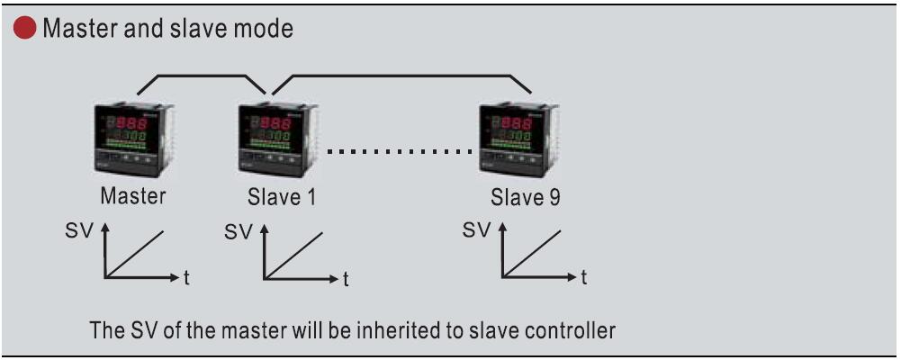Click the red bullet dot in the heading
tap(24, 28)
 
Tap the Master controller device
tap(134, 139)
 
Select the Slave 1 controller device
tap(277, 139)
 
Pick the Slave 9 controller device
tap(518, 139)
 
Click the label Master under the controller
tap(132, 196)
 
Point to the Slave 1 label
tap(282, 197)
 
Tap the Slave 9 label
tap(525, 197)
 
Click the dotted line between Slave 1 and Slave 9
tap(400, 152)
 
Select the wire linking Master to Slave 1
tap(201, 76)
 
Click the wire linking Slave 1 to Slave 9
tap(401, 76)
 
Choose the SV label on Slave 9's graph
tap(477, 230)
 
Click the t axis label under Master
tap(186, 279)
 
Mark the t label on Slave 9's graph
tap(583, 279)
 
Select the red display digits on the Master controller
tap(131, 122)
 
